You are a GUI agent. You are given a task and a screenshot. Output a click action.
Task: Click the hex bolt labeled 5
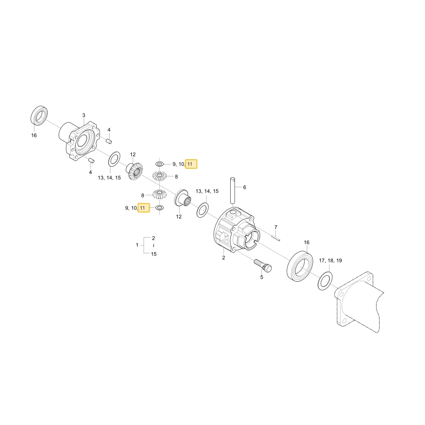pos(263,266)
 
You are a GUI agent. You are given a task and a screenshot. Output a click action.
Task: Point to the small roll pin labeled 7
pos(276,238)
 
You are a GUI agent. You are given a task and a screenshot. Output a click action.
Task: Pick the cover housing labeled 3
pos(79,141)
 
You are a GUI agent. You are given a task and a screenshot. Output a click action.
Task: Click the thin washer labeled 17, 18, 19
pos(325,280)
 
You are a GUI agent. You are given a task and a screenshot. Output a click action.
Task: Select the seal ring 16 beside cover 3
pos(39,116)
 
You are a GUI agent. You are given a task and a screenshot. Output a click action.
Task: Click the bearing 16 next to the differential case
pos(300,266)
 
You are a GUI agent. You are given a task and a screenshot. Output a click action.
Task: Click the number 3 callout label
pos(84,116)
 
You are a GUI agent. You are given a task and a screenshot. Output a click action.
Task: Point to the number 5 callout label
pos(261,277)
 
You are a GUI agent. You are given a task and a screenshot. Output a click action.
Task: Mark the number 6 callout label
pos(244,187)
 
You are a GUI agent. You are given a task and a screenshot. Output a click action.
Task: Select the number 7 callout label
pos(276,227)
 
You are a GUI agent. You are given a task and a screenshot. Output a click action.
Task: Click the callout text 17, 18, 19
pos(330,261)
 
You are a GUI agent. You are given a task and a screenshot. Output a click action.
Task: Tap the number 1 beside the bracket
pos(137,245)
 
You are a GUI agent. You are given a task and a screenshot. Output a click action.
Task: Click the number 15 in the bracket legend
pos(154,254)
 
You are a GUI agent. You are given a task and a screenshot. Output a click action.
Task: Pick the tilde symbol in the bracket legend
pos(154,246)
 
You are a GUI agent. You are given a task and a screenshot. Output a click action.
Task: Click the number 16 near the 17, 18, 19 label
pos(306,242)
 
